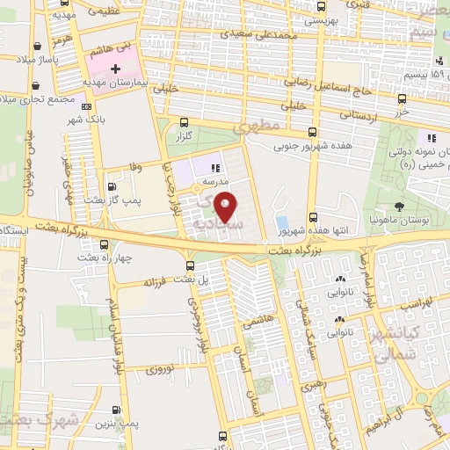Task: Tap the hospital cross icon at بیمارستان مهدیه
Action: (x=115, y=67)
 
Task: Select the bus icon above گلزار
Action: (x=184, y=123)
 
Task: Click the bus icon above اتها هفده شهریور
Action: (x=313, y=217)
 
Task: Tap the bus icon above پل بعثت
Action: (x=191, y=265)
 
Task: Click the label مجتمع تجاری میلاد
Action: (x=31, y=97)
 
